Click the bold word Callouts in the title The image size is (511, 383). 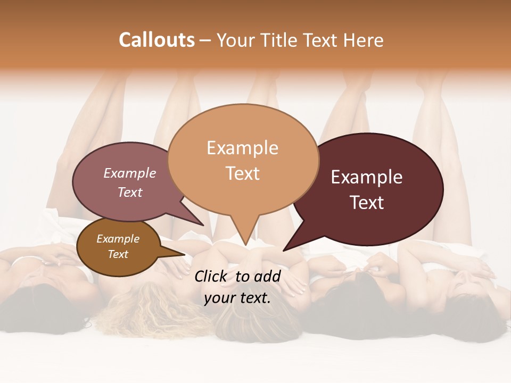point(156,40)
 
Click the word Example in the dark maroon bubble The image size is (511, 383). point(367,177)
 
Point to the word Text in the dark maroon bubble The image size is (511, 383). point(367,203)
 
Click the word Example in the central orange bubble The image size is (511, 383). point(242,148)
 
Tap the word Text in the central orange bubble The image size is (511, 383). point(242,173)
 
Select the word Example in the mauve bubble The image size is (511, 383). point(129,173)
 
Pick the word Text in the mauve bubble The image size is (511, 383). point(129,192)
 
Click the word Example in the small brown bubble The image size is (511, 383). point(118,239)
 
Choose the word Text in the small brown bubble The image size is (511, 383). point(118,254)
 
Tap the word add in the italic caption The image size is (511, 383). point(268,276)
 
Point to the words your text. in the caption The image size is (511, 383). point(237,298)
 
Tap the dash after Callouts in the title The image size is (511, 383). point(205,41)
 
